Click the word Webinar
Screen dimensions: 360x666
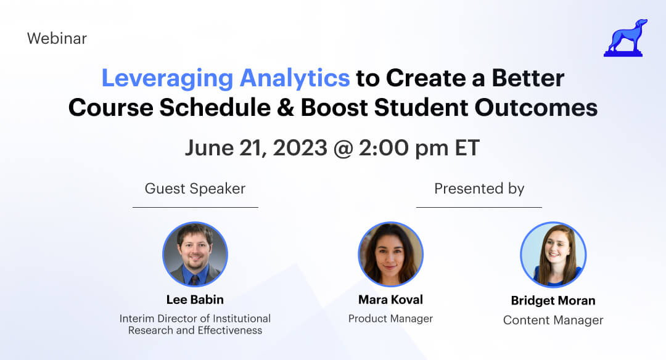click(x=57, y=38)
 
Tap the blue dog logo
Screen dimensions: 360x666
click(x=624, y=38)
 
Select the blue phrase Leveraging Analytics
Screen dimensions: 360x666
click(x=225, y=78)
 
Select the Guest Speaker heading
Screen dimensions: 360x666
click(x=195, y=189)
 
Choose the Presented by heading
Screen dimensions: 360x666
click(x=479, y=189)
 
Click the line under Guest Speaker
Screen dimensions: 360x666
click(x=195, y=208)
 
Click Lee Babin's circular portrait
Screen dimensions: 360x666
click(x=195, y=254)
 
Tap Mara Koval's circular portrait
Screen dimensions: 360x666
click(x=390, y=254)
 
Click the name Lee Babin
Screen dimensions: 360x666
click(x=195, y=300)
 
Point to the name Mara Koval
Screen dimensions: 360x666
click(x=390, y=300)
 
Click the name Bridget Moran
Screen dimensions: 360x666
click(x=553, y=301)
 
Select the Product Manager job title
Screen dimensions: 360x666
click(x=390, y=319)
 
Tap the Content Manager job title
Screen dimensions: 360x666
click(x=553, y=320)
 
